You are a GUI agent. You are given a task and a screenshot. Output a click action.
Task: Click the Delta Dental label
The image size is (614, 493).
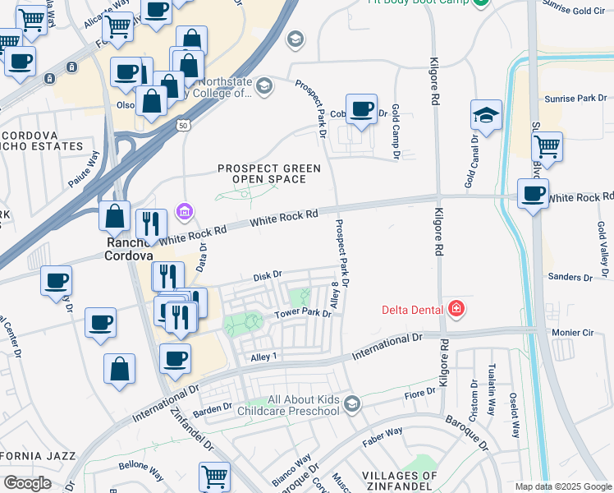point(413,310)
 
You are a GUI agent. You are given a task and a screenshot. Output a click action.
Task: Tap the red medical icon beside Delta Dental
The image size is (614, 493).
point(456,309)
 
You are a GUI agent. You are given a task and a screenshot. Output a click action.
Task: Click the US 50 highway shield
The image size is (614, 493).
point(181,125)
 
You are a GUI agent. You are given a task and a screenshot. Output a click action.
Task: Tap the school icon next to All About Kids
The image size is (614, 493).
point(352,403)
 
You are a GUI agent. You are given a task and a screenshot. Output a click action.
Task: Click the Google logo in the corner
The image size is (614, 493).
point(27,482)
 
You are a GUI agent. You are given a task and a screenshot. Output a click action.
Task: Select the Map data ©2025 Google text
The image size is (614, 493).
point(562,486)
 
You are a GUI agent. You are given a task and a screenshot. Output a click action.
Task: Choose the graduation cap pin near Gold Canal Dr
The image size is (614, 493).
point(486,116)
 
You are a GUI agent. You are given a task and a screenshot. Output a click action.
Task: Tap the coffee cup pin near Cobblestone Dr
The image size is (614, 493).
point(360,109)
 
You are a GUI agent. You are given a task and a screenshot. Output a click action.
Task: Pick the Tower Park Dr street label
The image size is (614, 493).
point(303,314)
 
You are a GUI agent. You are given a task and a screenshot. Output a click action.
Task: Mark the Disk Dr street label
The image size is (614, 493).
point(267,275)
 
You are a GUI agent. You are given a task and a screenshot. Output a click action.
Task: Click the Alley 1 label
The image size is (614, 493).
point(265,356)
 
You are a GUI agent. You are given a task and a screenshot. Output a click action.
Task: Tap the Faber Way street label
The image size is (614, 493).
point(383,431)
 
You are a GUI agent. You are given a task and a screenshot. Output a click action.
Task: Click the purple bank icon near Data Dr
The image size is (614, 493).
point(185,213)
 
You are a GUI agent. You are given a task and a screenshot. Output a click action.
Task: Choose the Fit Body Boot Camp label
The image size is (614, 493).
point(418,2)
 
